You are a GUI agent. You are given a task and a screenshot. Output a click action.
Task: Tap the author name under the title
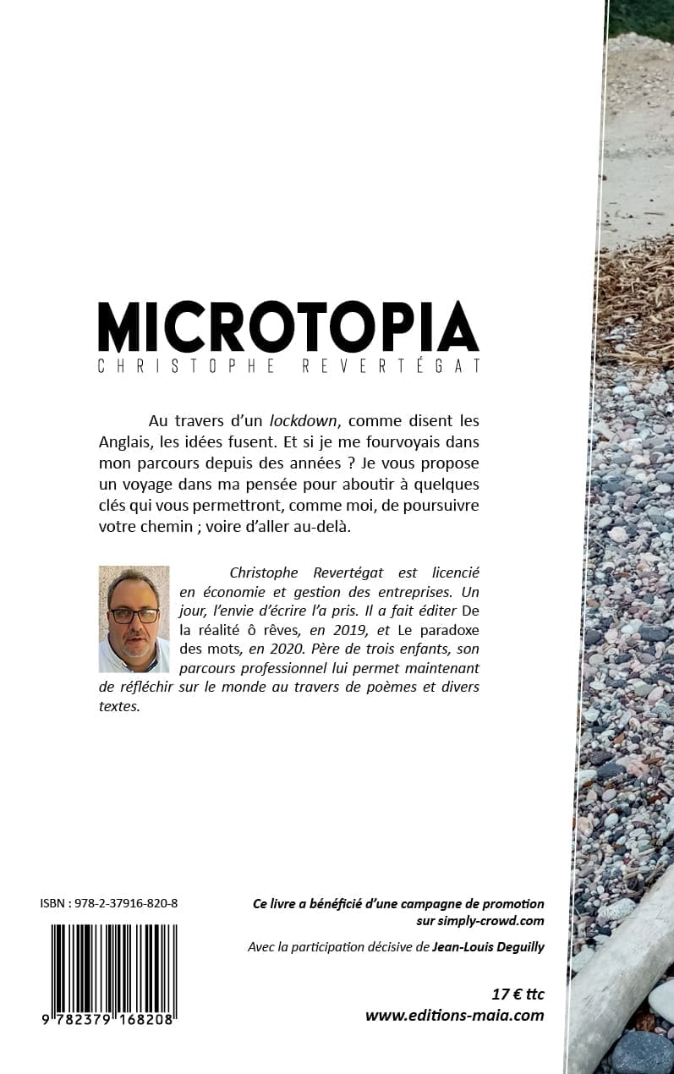288,367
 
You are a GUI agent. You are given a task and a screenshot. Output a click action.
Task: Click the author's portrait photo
134,619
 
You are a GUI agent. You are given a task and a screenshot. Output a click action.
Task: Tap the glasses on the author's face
134,615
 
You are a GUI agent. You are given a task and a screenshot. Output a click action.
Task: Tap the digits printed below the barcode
107,1020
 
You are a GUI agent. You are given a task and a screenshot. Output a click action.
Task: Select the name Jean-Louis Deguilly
488,947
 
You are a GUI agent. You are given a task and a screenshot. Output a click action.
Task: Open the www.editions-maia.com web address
454,1016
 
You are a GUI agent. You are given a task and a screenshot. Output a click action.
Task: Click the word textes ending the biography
118,706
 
